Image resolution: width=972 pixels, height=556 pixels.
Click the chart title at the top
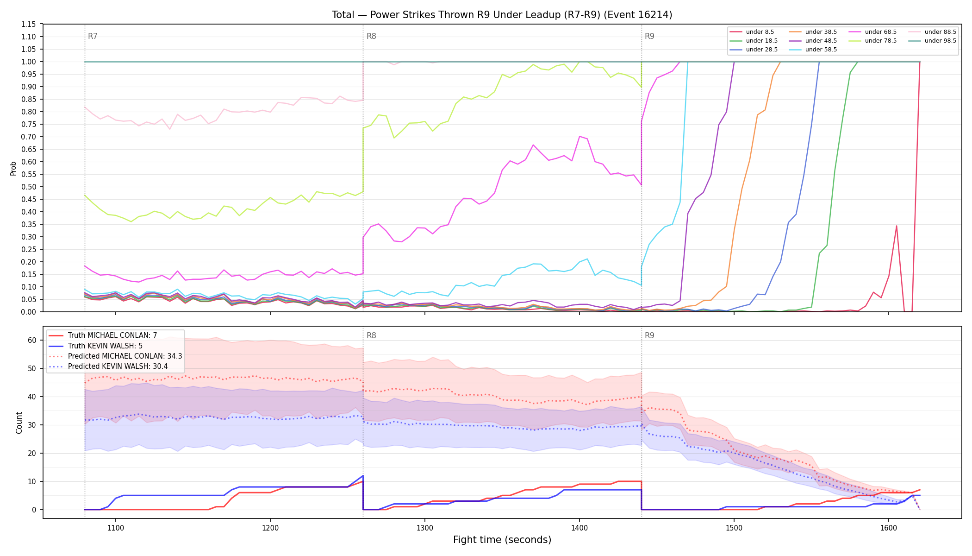[502, 15]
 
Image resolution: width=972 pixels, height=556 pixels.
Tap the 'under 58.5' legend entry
[813, 50]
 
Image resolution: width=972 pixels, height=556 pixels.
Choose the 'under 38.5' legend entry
[813, 32]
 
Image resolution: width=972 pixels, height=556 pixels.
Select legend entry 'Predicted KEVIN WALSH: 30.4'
[115, 366]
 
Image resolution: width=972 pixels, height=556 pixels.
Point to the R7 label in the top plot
[93, 36]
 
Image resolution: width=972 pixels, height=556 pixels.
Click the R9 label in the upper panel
[649, 36]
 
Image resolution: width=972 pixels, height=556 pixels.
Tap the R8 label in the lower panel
[371, 335]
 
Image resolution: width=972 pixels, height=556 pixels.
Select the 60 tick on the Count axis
[32, 340]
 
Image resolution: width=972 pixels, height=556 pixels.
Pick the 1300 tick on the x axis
[425, 527]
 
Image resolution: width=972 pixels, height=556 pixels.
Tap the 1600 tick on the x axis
[889, 527]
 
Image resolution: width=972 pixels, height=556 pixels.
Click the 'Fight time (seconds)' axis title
[502, 540]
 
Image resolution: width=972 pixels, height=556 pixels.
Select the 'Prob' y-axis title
[13, 168]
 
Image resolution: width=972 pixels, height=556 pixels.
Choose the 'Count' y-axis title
[19, 423]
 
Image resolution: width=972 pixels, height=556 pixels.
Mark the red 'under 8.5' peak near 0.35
[897, 226]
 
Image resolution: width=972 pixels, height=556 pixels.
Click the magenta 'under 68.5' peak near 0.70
[579, 136]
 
